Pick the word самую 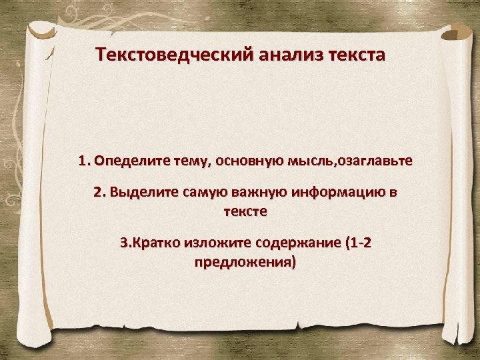[195, 193]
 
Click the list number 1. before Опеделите [85, 161]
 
